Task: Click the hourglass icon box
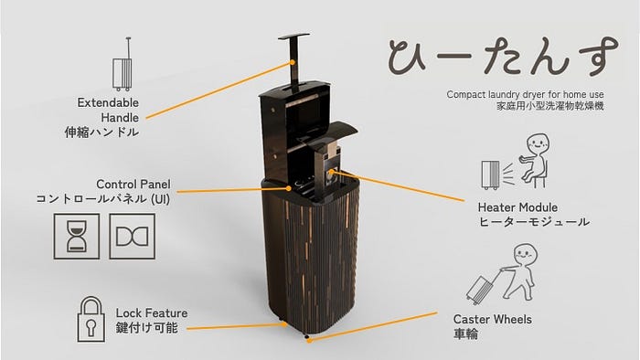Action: coord(77,237)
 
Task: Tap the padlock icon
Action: coord(91,319)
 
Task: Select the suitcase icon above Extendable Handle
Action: coord(122,64)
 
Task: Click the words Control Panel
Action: coord(133,184)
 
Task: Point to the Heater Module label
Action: coord(517,207)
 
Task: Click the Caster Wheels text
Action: coord(492,319)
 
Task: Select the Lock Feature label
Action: coord(152,313)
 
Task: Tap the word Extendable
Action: coord(108,102)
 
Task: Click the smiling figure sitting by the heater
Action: coord(534,161)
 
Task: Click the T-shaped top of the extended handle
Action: coord(293,37)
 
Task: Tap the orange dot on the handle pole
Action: coord(293,62)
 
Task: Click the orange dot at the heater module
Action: coord(331,172)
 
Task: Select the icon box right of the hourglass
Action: coord(133,237)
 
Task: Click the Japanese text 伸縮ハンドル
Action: coord(101,132)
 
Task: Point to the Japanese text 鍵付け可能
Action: coord(147,328)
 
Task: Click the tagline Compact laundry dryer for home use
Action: coord(525,95)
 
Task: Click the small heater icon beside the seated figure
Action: coord(490,175)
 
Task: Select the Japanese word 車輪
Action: coord(465,334)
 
